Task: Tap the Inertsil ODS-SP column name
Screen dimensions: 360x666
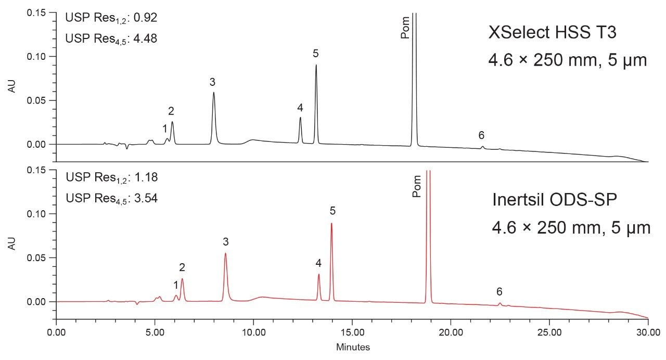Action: click(555, 200)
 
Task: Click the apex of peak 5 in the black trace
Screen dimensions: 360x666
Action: click(316, 65)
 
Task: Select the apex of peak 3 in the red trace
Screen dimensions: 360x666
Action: click(225, 253)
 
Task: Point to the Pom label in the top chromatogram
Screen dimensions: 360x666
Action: click(405, 29)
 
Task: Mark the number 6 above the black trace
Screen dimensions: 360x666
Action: click(481, 135)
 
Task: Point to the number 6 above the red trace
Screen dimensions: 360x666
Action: click(499, 291)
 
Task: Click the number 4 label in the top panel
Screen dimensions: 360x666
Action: click(300, 108)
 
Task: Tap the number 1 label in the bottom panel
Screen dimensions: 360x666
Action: click(176, 285)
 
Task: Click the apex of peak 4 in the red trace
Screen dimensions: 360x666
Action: click(318, 274)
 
